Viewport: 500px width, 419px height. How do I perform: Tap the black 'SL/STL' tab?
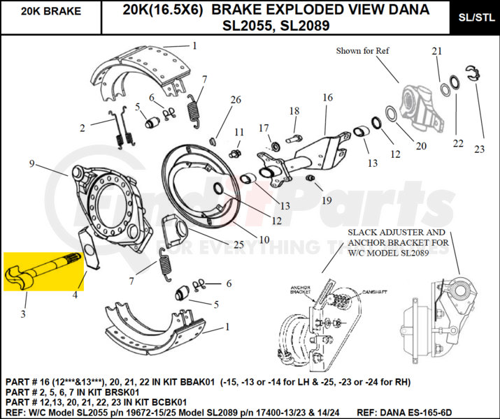click(474, 18)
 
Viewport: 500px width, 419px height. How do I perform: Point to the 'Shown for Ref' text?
click(363, 51)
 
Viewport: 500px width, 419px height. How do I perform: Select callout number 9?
click(31, 163)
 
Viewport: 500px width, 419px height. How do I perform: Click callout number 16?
click(328, 98)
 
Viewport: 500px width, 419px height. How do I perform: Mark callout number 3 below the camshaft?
click(22, 314)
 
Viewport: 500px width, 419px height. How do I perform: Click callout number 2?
click(82, 128)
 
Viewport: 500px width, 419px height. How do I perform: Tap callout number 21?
click(437, 52)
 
